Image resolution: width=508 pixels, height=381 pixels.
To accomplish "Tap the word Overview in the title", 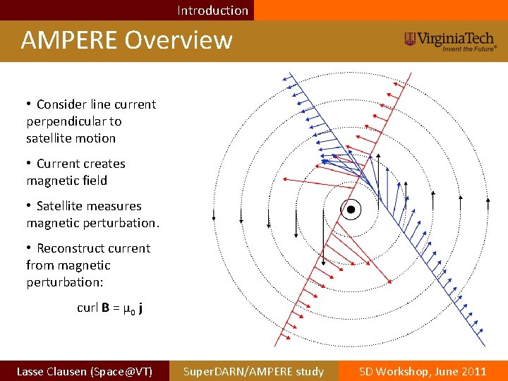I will click(179, 40).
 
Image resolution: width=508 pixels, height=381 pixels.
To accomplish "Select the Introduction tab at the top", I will click(212, 11).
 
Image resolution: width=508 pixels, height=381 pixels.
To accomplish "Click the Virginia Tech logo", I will click(450, 40).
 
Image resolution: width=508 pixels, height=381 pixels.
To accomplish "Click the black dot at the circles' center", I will click(351, 210).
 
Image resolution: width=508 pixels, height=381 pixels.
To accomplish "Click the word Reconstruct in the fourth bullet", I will click(93, 248).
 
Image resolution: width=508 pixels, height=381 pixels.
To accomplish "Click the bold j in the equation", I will click(141, 308).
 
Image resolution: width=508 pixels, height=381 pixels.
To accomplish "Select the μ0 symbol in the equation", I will click(128, 308).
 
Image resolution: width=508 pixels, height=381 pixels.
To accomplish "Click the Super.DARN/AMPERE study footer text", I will click(253, 371).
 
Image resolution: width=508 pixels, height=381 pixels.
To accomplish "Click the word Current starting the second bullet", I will click(58, 164).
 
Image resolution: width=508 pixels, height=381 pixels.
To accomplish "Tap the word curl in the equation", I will click(87, 308).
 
